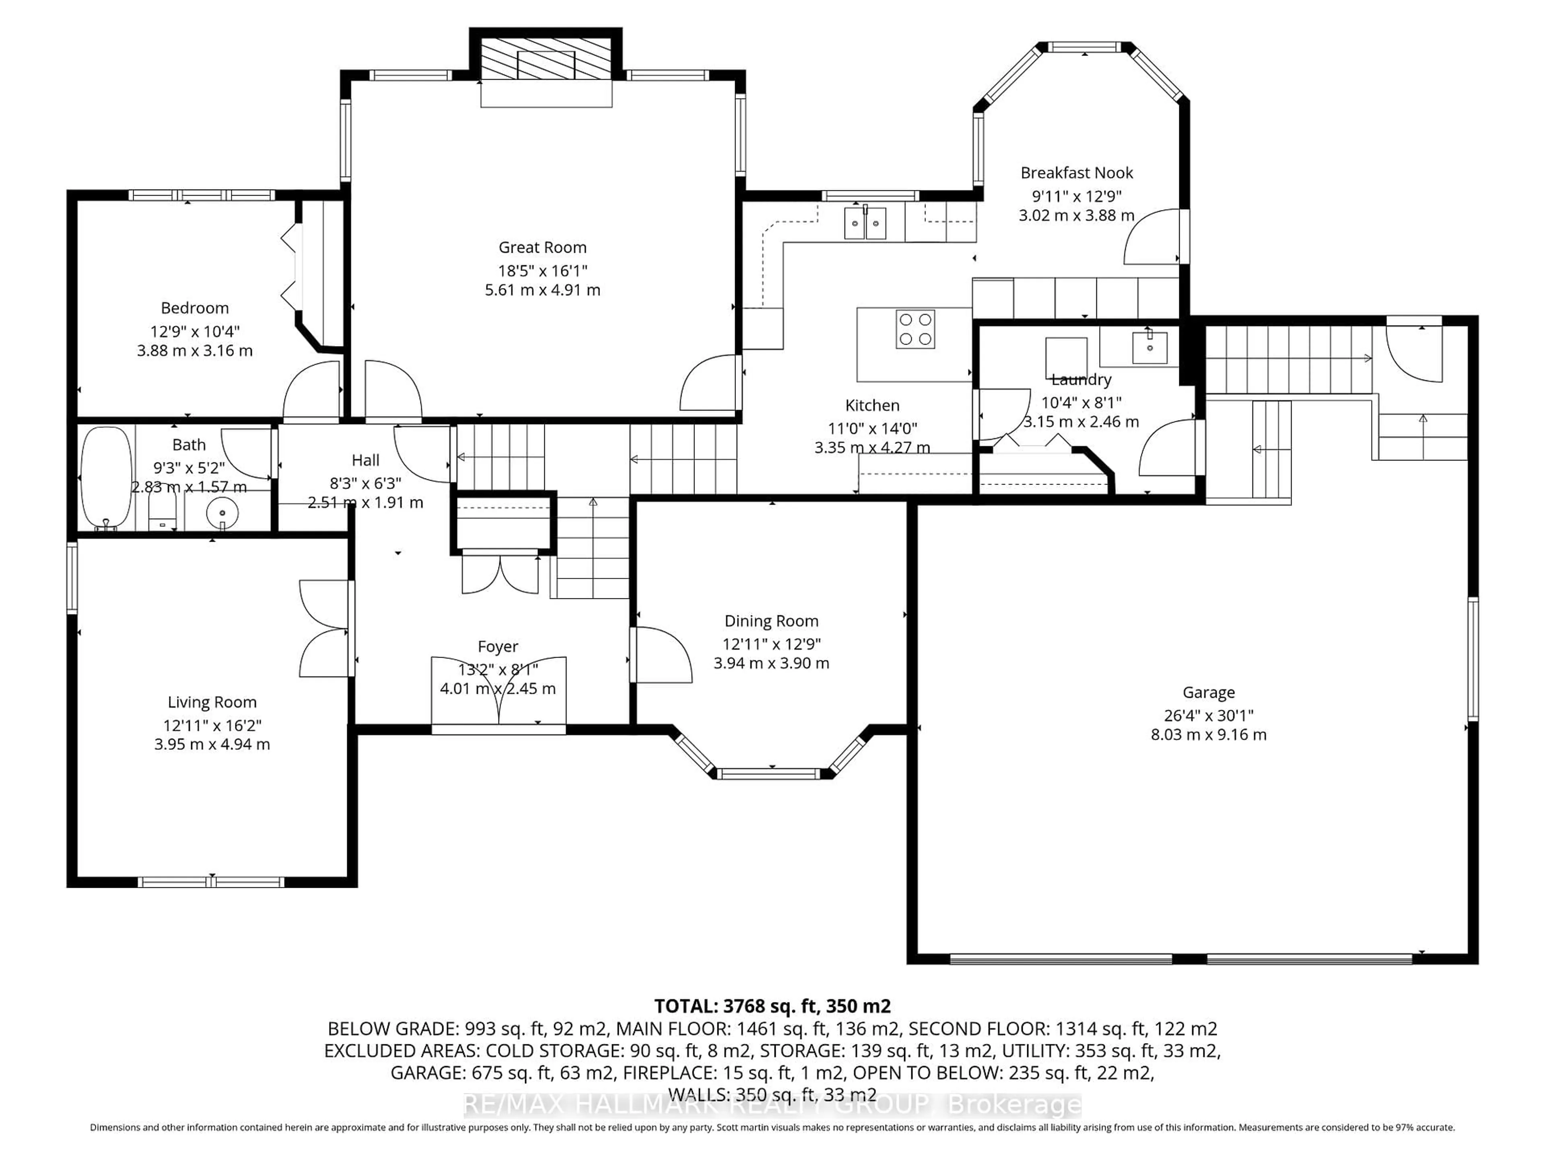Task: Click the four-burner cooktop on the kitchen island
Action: [x=915, y=329]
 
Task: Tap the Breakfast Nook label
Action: [x=1076, y=173]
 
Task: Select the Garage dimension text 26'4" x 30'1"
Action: [x=1208, y=716]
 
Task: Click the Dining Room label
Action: [x=771, y=621]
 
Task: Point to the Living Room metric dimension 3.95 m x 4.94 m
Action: [x=212, y=744]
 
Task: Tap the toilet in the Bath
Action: [x=163, y=514]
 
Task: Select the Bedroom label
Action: [x=194, y=308]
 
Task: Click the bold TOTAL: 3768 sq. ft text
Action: [x=772, y=1006]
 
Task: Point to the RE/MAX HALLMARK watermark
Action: [x=772, y=1105]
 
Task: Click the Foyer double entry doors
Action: [x=498, y=692]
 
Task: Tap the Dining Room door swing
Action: [x=660, y=655]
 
